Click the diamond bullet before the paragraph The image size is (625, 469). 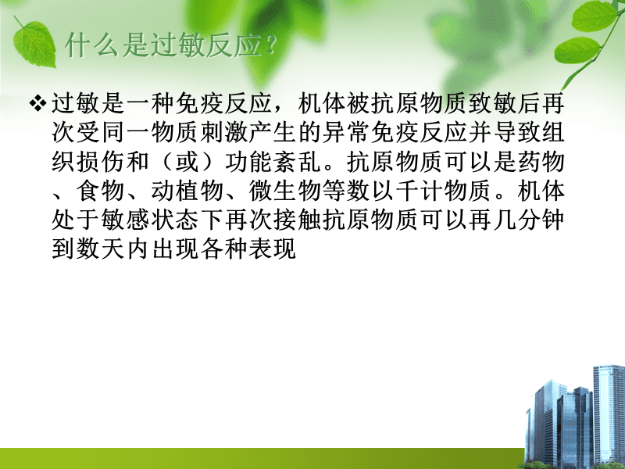coord(37,104)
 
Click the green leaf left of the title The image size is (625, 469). coord(34,43)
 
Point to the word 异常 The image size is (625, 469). coord(345,133)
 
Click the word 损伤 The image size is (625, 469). coord(101,163)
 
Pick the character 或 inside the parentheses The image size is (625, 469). coord(187,163)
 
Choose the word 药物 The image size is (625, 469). coord(541,163)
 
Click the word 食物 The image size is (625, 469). coord(101,192)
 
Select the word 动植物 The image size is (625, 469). coord(187,192)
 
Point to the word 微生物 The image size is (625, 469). coord(284,192)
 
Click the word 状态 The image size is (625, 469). coord(174,220)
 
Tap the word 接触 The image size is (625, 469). coord(297,220)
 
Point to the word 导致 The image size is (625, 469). coord(516,133)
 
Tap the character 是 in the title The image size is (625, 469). coord(135,45)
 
